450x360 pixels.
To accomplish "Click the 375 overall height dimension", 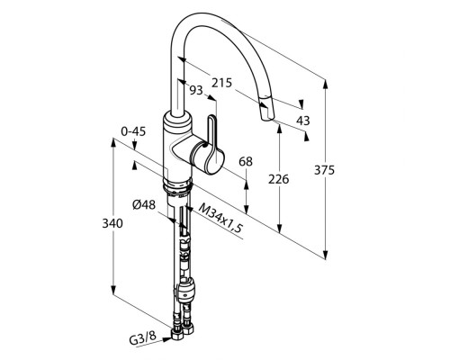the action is coord(324,170).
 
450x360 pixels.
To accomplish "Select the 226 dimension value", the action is coord(278,179).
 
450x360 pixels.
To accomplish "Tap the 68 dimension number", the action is coord(246,162).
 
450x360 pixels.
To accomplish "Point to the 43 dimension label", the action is coord(302,121).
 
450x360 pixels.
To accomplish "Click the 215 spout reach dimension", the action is coord(222,83).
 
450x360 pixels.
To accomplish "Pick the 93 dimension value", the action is coord(197,90).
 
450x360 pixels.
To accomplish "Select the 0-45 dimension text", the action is coord(133,131).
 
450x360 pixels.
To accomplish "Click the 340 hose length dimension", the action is coord(112,223).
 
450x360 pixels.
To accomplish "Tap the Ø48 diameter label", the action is coord(144,205).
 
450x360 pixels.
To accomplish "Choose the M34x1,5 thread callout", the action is coord(220,218).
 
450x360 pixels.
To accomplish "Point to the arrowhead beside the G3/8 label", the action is coord(166,339).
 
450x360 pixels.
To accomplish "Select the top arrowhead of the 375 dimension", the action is coord(325,84).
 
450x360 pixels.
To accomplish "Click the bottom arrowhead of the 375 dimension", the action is coord(325,255).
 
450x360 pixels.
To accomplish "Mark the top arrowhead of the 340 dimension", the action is coord(113,143).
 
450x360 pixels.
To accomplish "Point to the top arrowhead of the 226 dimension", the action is coord(280,128).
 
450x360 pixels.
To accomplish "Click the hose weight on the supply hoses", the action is coord(186,289).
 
